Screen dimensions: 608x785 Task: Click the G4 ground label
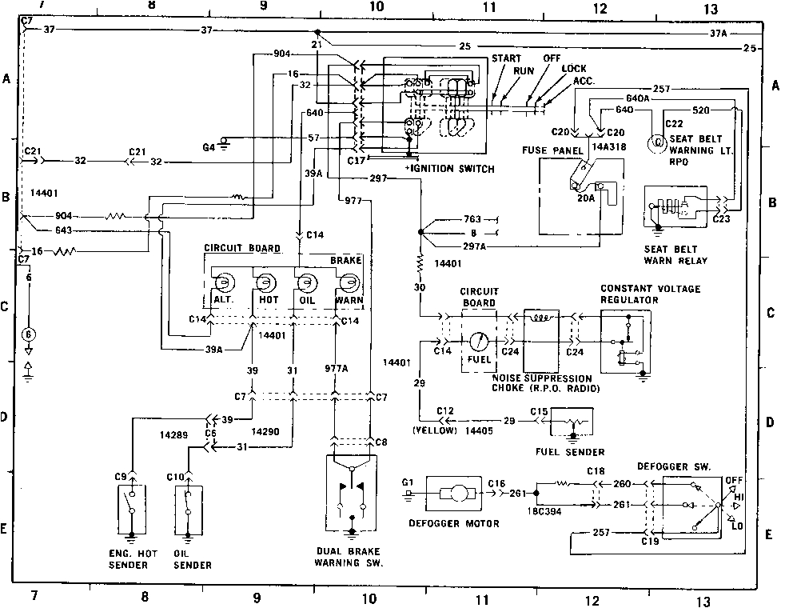[209, 147]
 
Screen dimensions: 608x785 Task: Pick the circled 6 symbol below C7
[30, 334]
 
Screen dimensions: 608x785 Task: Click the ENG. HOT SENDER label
[131, 559]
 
